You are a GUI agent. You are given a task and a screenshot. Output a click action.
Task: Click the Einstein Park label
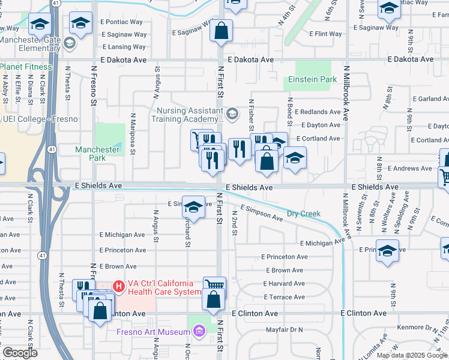coord(312,79)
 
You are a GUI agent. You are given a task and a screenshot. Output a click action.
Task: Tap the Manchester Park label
coord(98,154)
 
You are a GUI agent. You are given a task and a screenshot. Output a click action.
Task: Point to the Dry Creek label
coord(303,214)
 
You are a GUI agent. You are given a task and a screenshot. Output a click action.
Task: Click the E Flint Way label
coord(325,34)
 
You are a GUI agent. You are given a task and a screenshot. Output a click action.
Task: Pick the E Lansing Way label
coord(124,47)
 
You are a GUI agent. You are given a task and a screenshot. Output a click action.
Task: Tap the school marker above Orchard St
coord(193,208)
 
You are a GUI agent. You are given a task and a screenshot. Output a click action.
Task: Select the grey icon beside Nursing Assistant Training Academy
coord(232,113)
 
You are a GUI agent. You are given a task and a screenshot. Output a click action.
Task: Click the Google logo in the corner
coord(20,353)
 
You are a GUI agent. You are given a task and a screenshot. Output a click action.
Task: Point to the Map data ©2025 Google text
coord(412,355)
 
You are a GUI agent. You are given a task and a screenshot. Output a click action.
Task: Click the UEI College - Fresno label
coord(40,119)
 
